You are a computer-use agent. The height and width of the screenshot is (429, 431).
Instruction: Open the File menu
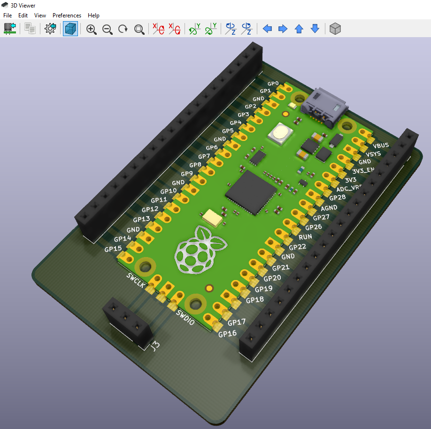(7, 16)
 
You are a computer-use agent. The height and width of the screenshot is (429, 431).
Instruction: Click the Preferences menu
(67, 16)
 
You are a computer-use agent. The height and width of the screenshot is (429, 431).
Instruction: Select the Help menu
(93, 16)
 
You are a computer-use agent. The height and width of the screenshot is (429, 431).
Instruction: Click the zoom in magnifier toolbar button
(92, 29)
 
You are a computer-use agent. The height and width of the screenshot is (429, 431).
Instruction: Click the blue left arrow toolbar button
(267, 29)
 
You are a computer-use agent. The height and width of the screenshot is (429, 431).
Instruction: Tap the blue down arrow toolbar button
(315, 29)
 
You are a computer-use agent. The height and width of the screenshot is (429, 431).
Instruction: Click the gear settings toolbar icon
(50, 29)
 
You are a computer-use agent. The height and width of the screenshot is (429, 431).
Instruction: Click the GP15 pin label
(113, 249)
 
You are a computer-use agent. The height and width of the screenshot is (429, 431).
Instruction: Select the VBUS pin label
(380, 145)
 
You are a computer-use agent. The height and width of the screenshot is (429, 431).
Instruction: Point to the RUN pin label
(305, 237)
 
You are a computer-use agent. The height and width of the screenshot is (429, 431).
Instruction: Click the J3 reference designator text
(154, 347)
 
